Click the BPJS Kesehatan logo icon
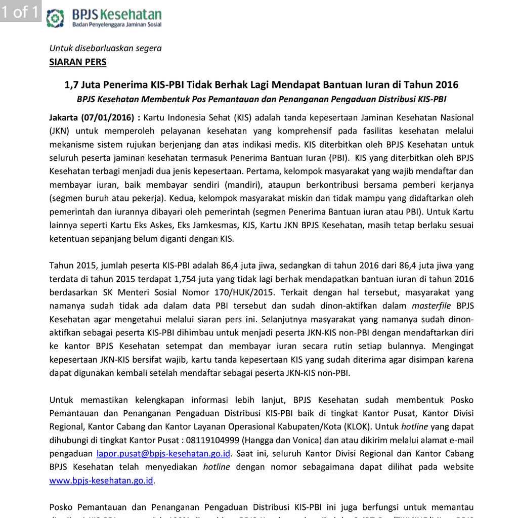pyautogui.click(x=55, y=18)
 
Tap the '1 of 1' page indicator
pyautogui.click(x=20, y=12)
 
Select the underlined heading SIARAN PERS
pyautogui.click(x=77, y=62)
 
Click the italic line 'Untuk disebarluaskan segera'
pyautogui.click(x=105, y=48)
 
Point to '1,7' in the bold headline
pyautogui.click(x=71, y=84)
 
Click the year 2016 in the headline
pyautogui.click(x=447, y=84)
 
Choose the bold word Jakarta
pyautogui.click(x=64, y=117)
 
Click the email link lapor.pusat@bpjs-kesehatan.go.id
pyautogui.click(x=163, y=453)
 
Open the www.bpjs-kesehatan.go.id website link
pyautogui.click(x=101, y=480)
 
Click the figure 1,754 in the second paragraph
pyautogui.click(x=184, y=279)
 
